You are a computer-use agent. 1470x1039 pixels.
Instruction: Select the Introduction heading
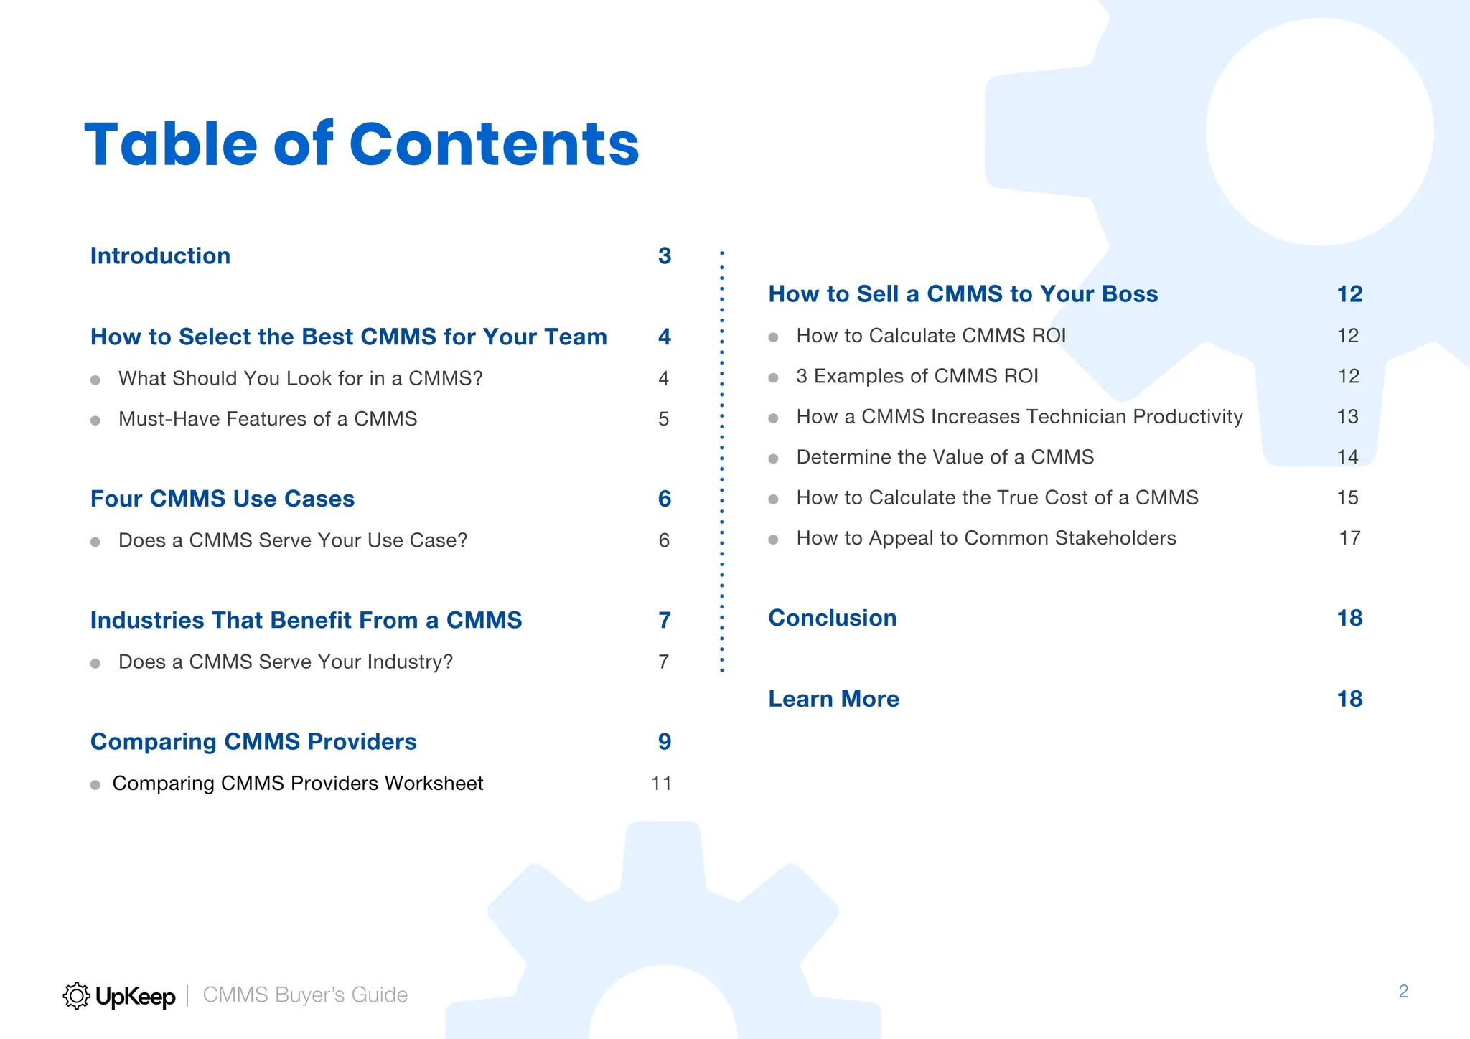[x=160, y=256]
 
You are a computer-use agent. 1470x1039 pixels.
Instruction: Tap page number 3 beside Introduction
[x=665, y=256]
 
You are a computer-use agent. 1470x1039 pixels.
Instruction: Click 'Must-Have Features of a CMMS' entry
[x=267, y=419]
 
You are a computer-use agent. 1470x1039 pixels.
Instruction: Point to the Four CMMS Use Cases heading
[x=223, y=499]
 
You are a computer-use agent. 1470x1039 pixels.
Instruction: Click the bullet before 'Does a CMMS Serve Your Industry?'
[x=95, y=663]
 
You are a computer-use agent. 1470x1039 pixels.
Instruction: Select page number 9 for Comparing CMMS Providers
[x=665, y=742]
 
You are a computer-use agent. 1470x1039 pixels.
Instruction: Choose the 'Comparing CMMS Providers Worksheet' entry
[x=297, y=784]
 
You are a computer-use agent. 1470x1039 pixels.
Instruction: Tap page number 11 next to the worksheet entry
[x=661, y=784]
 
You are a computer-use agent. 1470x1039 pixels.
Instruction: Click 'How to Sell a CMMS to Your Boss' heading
[x=963, y=294]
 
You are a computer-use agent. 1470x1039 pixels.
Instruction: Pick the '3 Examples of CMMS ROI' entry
[x=917, y=377]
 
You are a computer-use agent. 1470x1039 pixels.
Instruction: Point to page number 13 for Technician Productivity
[x=1347, y=417]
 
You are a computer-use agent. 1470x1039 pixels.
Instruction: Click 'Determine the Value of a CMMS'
[x=945, y=458]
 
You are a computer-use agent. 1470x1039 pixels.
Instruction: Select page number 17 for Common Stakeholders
[x=1349, y=538]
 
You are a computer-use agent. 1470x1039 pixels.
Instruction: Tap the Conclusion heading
[x=832, y=619]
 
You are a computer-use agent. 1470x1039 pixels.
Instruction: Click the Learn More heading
[x=833, y=700]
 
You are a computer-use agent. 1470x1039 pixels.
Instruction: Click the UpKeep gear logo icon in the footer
[x=76, y=996]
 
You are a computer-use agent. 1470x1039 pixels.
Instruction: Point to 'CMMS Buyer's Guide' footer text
[x=305, y=995]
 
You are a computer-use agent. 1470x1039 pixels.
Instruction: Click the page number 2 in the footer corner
[x=1403, y=992]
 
